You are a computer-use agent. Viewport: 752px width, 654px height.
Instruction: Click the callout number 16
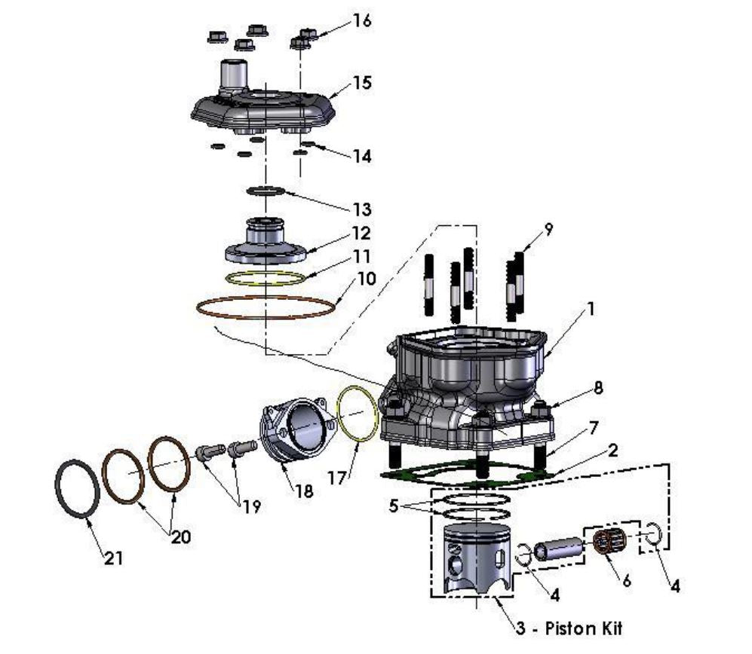pos(362,20)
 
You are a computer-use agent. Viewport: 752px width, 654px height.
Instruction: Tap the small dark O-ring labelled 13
pos(265,191)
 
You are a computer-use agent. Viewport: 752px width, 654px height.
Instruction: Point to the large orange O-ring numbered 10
pos(265,307)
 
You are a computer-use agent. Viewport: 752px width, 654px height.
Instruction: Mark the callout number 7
pos(594,427)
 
